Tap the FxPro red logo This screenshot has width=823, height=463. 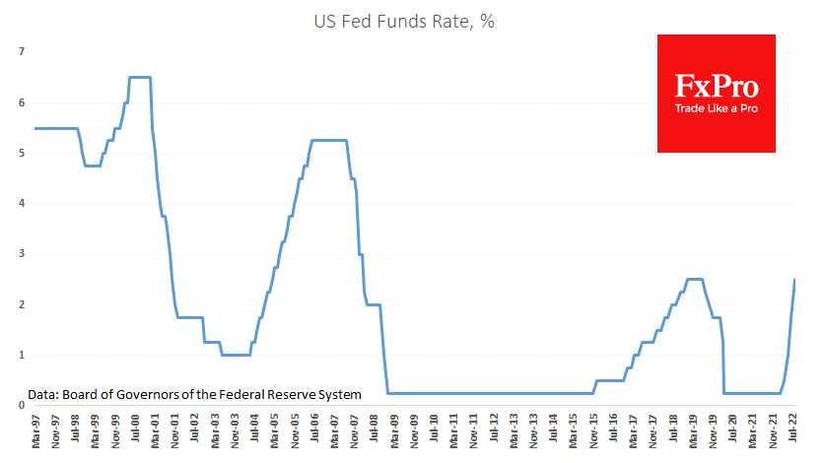click(x=717, y=94)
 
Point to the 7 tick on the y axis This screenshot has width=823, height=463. click(x=20, y=51)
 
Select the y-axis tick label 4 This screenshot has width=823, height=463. click(x=20, y=203)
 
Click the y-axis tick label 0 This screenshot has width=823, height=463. click(x=20, y=405)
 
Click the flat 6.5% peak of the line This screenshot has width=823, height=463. click(x=139, y=77)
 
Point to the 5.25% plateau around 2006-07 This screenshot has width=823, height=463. click(x=329, y=140)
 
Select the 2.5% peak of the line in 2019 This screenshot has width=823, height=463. click(x=694, y=279)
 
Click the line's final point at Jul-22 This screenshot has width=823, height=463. click(x=794, y=279)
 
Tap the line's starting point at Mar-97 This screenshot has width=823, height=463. click(x=35, y=128)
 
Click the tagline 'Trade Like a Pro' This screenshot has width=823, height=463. click(x=717, y=107)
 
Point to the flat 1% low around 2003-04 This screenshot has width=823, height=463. click(x=236, y=355)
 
